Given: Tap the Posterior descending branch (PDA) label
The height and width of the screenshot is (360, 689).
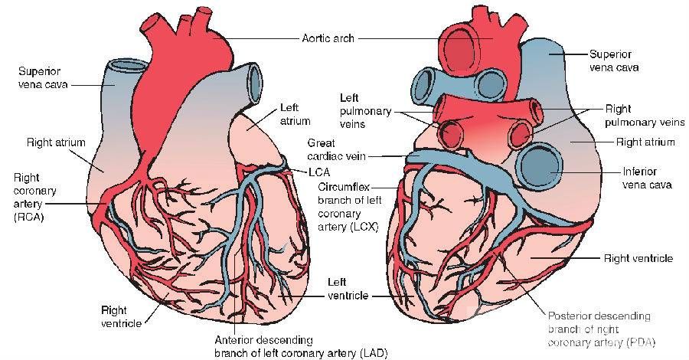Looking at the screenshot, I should (x=599, y=329).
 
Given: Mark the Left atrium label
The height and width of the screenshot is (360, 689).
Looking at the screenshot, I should (x=295, y=115).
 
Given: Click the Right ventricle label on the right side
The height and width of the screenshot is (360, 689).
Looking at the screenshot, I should (x=638, y=259).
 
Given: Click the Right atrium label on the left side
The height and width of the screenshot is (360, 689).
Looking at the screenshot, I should (x=55, y=142).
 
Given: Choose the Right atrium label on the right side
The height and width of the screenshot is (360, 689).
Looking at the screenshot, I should (x=645, y=142).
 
